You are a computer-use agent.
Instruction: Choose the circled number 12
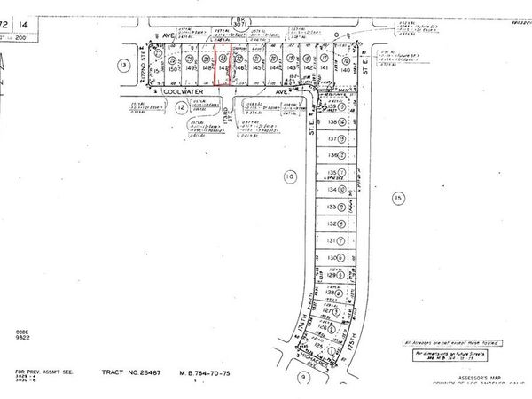tap(182, 107)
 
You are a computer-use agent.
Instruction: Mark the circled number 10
tap(289, 177)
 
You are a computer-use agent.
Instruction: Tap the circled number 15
tap(398, 197)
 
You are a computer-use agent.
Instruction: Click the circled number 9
tap(302, 376)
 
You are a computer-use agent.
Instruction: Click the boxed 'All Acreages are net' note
tap(449, 341)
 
